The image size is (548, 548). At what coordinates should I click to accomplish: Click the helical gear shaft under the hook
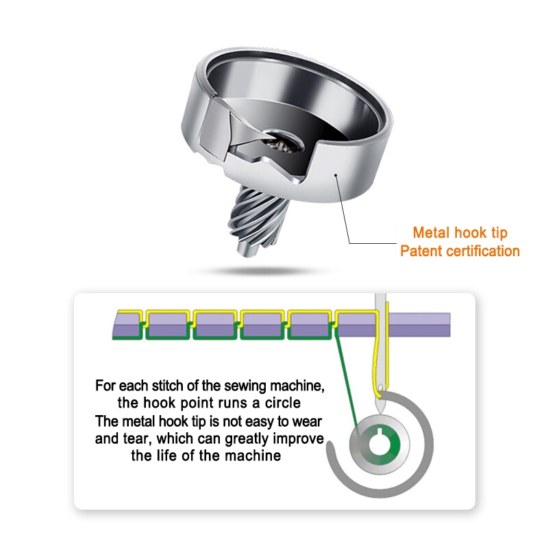coord(258,219)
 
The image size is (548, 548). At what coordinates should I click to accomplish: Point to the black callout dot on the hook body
coord(336,175)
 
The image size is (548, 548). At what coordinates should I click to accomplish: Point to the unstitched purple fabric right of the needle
coord(419,325)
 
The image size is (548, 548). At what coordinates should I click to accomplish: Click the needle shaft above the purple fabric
coord(380,302)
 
